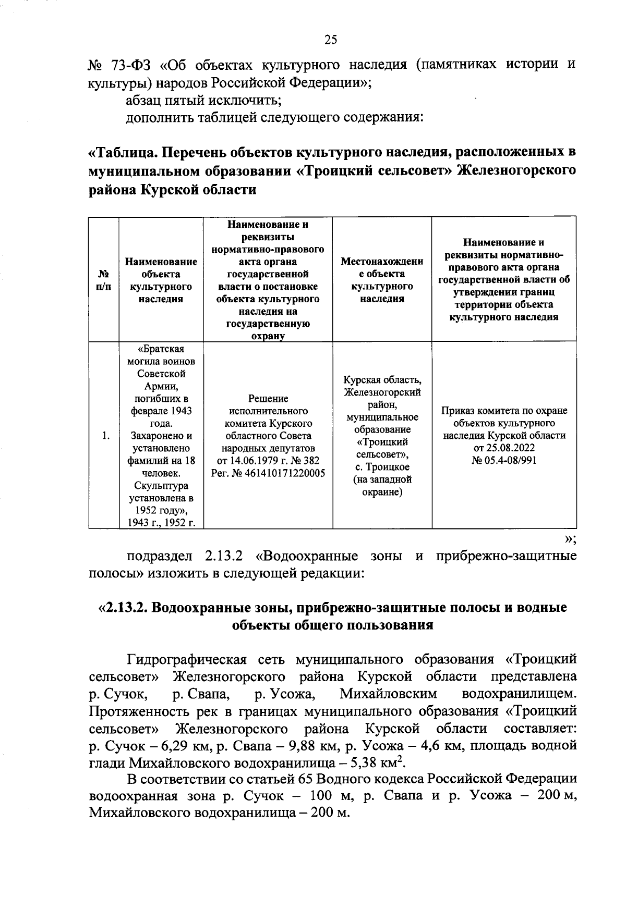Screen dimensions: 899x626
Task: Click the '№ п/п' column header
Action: pos(103,280)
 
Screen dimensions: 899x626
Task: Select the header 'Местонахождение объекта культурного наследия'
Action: pos(382,280)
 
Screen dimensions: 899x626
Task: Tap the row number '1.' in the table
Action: pos(106,436)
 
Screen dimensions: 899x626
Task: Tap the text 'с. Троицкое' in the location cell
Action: pos(382,467)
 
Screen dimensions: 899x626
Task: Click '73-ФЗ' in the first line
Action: pos(131,65)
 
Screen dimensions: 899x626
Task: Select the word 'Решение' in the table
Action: pos(268,399)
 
